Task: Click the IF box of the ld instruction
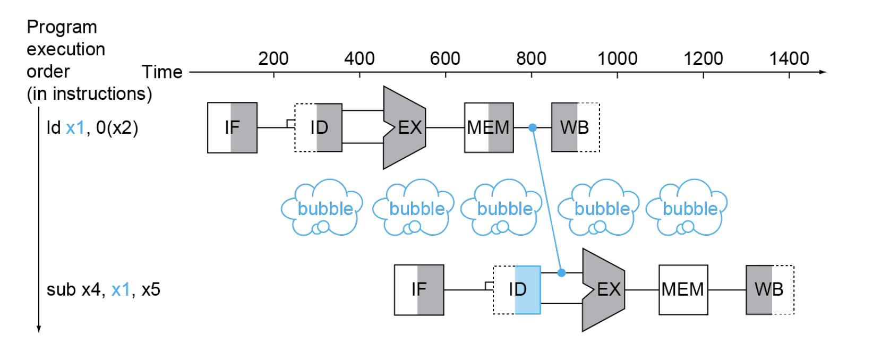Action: pyautogui.click(x=232, y=127)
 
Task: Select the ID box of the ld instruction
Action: pyautogui.click(x=319, y=127)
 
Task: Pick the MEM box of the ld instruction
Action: pyautogui.click(x=489, y=127)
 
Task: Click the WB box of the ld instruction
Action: pyautogui.click(x=575, y=127)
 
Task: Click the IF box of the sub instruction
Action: pyautogui.click(x=418, y=290)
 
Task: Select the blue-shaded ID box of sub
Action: pyautogui.click(x=517, y=290)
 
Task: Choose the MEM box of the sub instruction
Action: pyautogui.click(x=683, y=290)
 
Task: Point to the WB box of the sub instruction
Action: pyautogui.click(x=769, y=290)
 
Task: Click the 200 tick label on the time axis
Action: pyautogui.click(x=273, y=58)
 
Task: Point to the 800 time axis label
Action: pyautogui.click(x=531, y=58)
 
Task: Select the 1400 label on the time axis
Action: pyautogui.click(x=789, y=58)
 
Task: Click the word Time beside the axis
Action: pyautogui.click(x=162, y=72)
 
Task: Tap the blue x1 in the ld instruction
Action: pyautogui.click(x=75, y=128)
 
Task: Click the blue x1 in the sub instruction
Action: pyautogui.click(x=121, y=290)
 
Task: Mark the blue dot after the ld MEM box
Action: pyautogui.click(x=533, y=127)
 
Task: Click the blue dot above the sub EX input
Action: pyautogui.click(x=561, y=273)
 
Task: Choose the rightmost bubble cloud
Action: pyautogui.click(x=687, y=208)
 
